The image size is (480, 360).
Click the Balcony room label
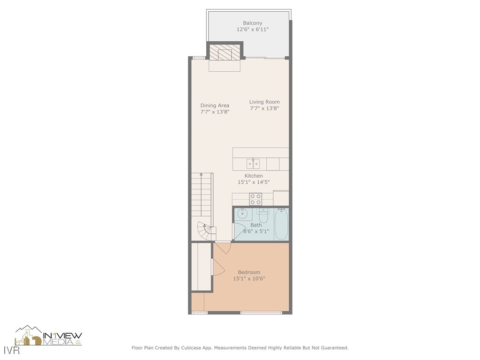pos(252,23)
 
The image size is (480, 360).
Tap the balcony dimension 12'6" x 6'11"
pos(252,30)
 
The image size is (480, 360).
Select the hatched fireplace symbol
pos(225,52)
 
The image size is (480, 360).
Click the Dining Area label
pos(215,105)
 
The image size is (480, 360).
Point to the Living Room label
pos(264,102)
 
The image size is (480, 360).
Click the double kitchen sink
pos(254,164)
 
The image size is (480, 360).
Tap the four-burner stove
pos(255,199)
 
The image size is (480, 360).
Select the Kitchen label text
pos(254,176)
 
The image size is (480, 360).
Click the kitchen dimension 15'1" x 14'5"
pos(254,182)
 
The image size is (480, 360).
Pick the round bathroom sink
pos(242,214)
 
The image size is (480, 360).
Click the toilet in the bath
pos(263,217)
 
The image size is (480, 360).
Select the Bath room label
pos(256,225)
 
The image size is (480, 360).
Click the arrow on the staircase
pos(201,175)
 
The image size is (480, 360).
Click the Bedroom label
pos(249,272)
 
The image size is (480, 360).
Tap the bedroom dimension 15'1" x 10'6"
pos(249,279)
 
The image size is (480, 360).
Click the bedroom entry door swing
pos(223,248)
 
